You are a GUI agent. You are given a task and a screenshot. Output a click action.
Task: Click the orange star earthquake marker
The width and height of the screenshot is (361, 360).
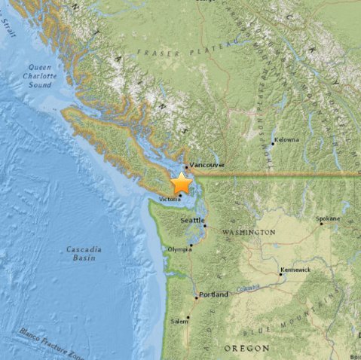tap(182, 184)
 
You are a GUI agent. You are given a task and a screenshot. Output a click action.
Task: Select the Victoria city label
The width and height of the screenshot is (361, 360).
tap(170, 199)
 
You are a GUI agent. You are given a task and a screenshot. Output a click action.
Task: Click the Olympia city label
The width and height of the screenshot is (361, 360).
tap(179, 247)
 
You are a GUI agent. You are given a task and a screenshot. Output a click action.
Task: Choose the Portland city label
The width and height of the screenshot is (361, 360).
tap(214, 294)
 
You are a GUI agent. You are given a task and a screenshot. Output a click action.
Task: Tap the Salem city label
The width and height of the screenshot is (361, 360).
tap(179, 321)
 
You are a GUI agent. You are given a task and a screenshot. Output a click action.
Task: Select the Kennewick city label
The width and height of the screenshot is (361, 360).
tap(294, 268)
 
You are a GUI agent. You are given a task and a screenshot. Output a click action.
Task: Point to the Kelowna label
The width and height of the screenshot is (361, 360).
tap(286, 140)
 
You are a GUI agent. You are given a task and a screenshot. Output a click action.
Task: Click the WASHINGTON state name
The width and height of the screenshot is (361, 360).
tap(249, 233)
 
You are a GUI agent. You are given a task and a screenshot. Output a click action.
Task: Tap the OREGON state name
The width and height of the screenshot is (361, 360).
tap(246, 348)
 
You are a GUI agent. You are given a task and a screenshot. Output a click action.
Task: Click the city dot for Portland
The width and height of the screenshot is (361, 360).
tap(197, 296)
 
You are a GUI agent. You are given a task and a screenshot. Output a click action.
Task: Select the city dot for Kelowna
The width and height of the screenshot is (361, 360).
tap(272, 142)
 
